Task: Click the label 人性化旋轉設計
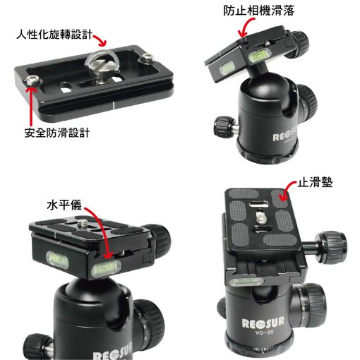pyautogui.click(x=54, y=35)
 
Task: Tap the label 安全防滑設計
pyautogui.click(x=57, y=133)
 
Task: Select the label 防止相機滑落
pyautogui.click(x=258, y=11)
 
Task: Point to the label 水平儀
pyautogui.click(x=64, y=205)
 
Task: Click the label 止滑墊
pyautogui.click(x=315, y=182)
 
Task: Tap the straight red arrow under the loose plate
pyautogui.click(x=30, y=106)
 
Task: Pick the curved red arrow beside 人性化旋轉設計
pyautogui.click(x=100, y=40)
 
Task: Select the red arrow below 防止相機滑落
pyautogui.click(x=245, y=26)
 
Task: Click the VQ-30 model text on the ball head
pyautogui.click(x=264, y=332)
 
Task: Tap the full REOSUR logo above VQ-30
pyautogui.click(x=263, y=323)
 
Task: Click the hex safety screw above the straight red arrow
pyautogui.click(x=32, y=80)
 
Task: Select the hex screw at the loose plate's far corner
pyautogui.click(x=147, y=57)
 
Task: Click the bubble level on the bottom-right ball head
pyautogui.click(x=246, y=282)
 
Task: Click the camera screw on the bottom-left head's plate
pyautogui.click(x=83, y=222)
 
